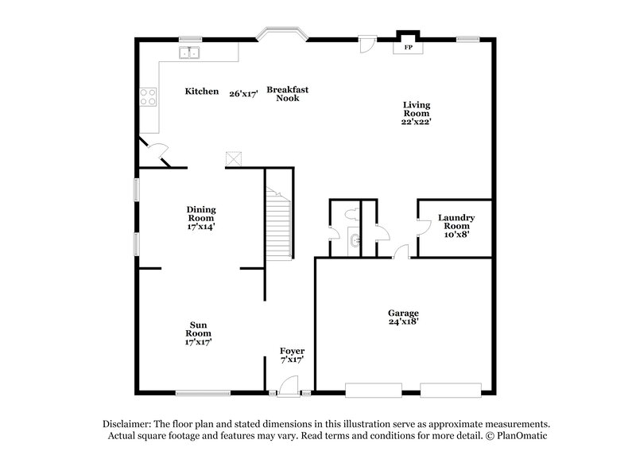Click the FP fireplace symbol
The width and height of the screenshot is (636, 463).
click(409, 48)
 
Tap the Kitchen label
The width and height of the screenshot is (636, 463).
click(202, 91)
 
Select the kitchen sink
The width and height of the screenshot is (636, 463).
click(190, 53)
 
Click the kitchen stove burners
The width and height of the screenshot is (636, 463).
click(148, 97)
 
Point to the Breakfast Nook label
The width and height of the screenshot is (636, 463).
click(287, 93)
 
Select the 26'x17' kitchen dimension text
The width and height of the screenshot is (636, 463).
click(243, 93)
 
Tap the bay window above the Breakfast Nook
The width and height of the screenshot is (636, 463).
click(281, 35)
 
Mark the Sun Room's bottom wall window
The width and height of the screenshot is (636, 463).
click(203, 391)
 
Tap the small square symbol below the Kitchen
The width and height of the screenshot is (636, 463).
click(233, 159)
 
